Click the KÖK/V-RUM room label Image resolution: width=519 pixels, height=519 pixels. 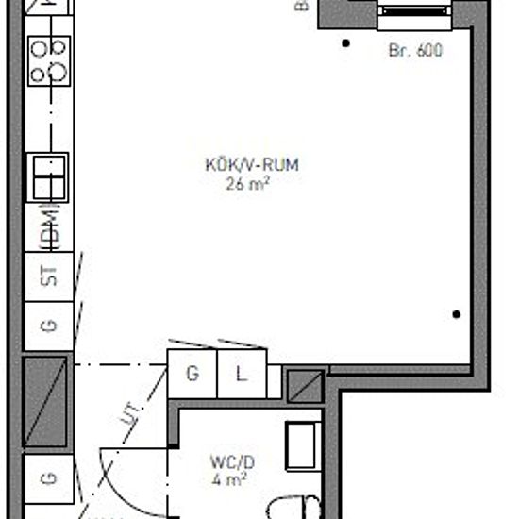pos(251,165)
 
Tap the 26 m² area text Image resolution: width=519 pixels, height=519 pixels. pos(249,184)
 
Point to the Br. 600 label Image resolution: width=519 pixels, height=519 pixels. pos(415,51)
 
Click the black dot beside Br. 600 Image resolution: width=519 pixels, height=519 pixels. pos(346,42)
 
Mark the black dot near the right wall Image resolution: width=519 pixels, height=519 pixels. pos(457,314)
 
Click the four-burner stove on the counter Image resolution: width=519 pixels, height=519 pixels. pos(49,59)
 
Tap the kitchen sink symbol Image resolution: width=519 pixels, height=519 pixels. pos(49,176)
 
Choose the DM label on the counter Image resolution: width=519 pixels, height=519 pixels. pos(50,229)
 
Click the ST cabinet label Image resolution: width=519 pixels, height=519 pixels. pos(49,276)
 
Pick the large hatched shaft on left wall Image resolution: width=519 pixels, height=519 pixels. pos(45,400)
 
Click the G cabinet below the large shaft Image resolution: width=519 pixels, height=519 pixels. pos(49,478)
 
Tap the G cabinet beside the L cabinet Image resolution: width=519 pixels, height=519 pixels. pos(193,374)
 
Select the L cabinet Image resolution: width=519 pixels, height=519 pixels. pos(242,374)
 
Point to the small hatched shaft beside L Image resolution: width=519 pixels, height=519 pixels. pos(305,386)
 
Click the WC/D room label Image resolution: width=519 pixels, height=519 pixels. pos(232,462)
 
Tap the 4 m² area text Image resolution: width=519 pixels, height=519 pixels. pos(230,479)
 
